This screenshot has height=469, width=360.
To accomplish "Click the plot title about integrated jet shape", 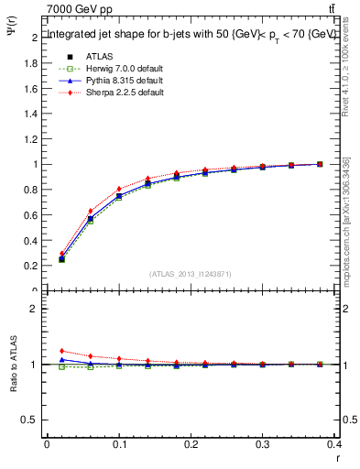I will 191,34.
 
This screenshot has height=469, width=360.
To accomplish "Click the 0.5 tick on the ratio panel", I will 31,420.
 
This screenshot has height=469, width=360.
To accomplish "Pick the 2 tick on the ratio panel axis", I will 35,309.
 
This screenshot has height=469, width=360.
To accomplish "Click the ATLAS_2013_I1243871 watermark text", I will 191,273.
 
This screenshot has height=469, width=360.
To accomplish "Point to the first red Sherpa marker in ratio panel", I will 61,351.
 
